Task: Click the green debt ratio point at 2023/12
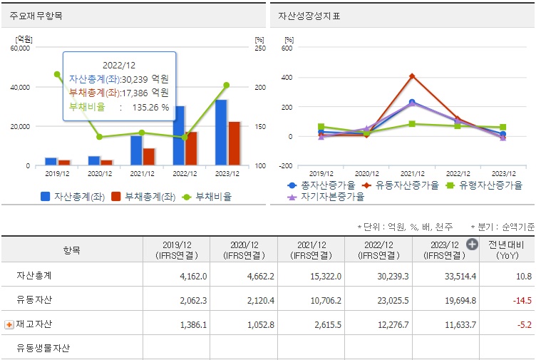pyautogui.click(x=227, y=85)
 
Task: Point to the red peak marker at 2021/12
pyautogui.click(x=412, y=76)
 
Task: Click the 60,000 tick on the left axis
pyautogui.click(x=20, y=48)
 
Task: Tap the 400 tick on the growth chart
pyautogui.click(x=286, y=77)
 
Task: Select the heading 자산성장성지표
pyautogui.click(x=309, y=16)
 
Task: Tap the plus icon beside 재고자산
pyautogui.click(x=9, y=324)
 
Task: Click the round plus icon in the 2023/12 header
pyautogui.click(x=472, y=245)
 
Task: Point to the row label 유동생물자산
pyautogui.click(x=43, y=349)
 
